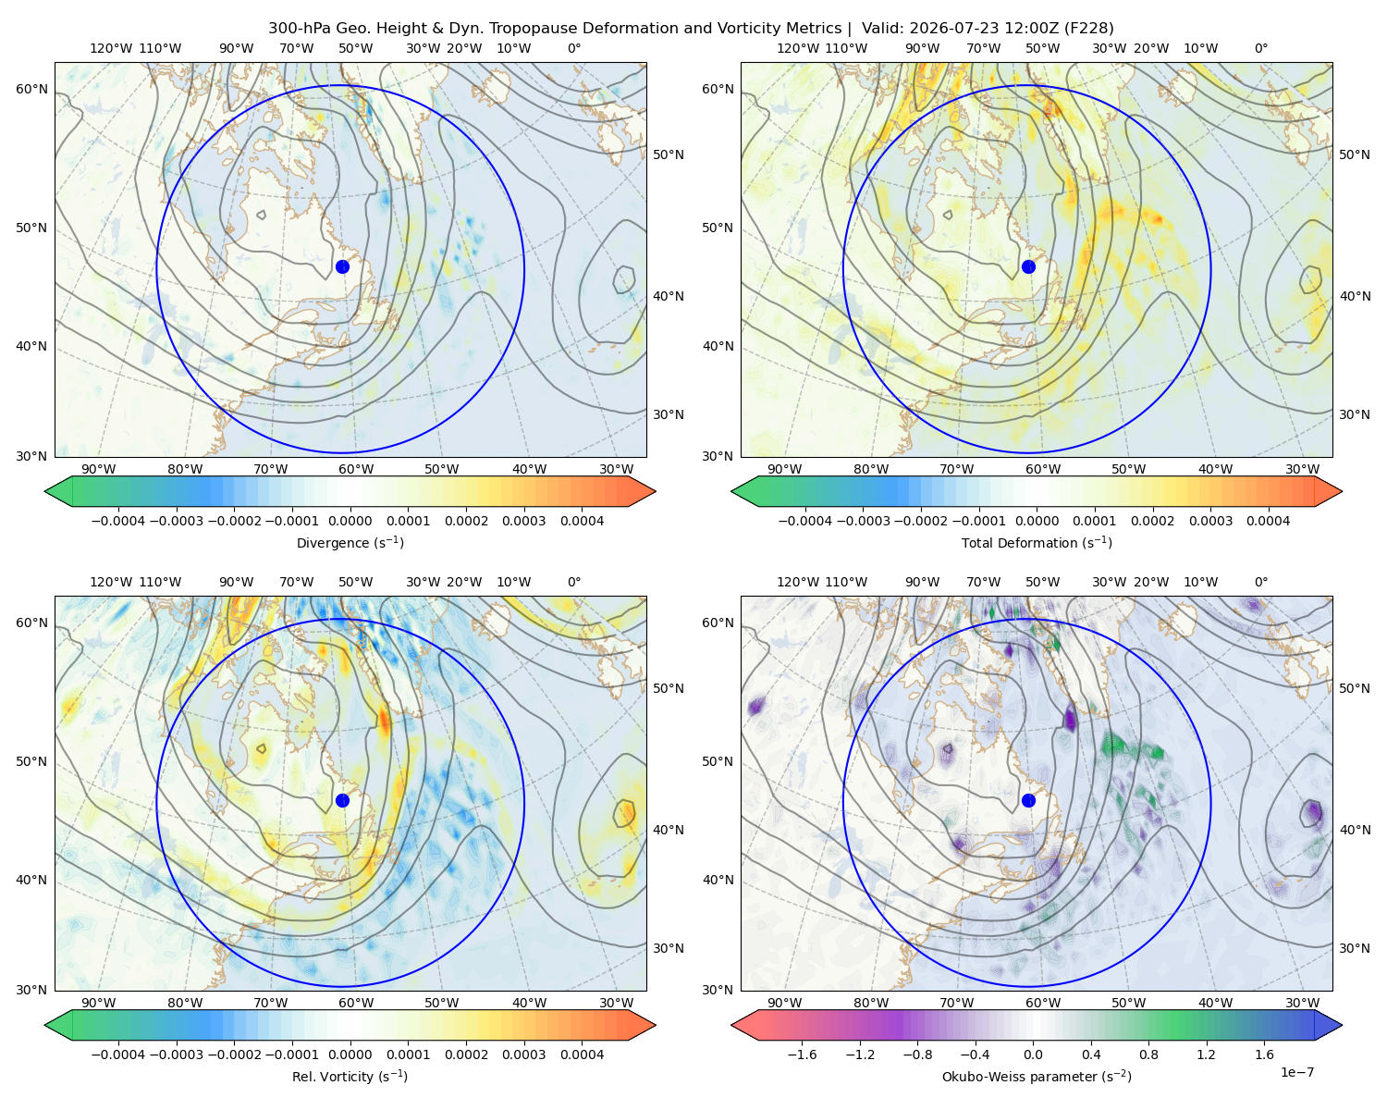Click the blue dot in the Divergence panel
pyautogui.click(x=342, y=266)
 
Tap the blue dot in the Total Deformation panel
pyautogui.click(x=1028, y=266)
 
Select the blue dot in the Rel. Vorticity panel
pyautogui.click(x=342, y=800)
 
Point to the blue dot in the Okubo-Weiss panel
pyautogui.click(x=1028, y=800)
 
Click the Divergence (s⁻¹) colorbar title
pyautogui.click(x=350, y=543)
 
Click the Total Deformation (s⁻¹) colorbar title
pyautogui.click(x=1037, y=543)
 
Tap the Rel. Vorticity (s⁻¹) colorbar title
pyautogui.click(x=350, y=1077)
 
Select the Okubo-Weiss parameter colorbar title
pyautogui.click(x=1037, y=1077)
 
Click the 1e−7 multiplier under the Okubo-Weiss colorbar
pyautogui.click(x=1296, y=1072)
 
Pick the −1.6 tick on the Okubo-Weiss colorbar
pyautogui.click(x=802, y=1054)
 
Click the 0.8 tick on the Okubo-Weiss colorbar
pyautogui.click(x=1148, y=1054)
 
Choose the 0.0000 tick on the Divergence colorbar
pyautogui.click(x=350, y=521)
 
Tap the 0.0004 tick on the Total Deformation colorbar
pyautogui.click(x=1268, y=521)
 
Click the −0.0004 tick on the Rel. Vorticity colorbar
pyautogui.click(x=118, y=1054)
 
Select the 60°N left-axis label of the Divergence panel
pyautogui.click(x=31, y=89)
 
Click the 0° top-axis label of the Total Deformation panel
pyautogui.click(x=1260, y=48)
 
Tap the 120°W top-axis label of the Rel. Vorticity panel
pyautogui.click(x=111, y=582)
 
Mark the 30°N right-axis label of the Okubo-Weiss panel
pyautogui.click(x=1354, y=948)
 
